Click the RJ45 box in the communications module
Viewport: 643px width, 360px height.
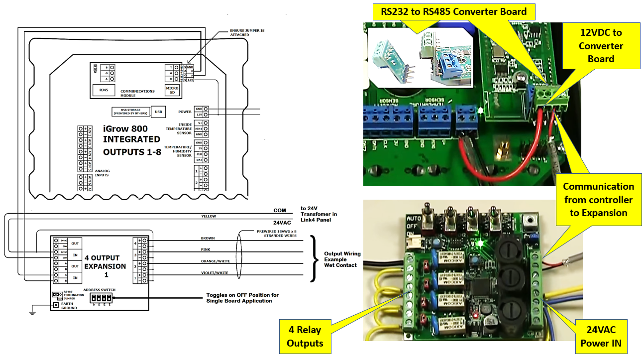[104, 90]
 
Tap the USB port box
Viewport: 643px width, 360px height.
[158, 112]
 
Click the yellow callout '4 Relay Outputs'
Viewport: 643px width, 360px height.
[304, 336]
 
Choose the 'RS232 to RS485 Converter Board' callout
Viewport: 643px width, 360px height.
[453, 11]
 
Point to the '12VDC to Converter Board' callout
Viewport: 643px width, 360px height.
[601, 46]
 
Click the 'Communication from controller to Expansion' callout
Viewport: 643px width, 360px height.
[598, 199]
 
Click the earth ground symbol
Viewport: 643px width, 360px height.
[32, 312]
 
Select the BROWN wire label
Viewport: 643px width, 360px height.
[208, 239]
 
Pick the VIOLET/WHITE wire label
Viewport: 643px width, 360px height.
[214, 272]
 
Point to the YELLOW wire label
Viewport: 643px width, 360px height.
[209, 217]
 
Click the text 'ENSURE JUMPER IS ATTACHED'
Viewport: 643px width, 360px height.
[247, 32]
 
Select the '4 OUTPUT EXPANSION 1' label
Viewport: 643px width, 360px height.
[102, 266]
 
